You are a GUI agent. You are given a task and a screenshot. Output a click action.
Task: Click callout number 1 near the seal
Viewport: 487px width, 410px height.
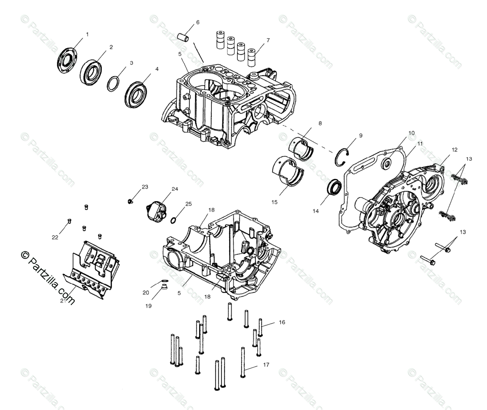pyautogui.click(x=87, y=35)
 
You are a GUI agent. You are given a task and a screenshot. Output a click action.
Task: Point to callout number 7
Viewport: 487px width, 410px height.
pyautogui.click(x=267, y=41)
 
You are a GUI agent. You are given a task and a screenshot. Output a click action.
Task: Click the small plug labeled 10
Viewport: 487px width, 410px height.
pyautogui.click(x=386, y=164)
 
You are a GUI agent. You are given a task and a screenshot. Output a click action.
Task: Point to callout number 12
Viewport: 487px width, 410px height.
pyautogui.click(x=454, y=150)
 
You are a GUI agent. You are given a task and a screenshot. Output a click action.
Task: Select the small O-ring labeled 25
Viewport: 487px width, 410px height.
pyautogui.click(x=174, y=220)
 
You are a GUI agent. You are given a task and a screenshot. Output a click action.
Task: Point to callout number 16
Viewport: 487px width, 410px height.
pyautogui.click(x=282, y=322)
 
